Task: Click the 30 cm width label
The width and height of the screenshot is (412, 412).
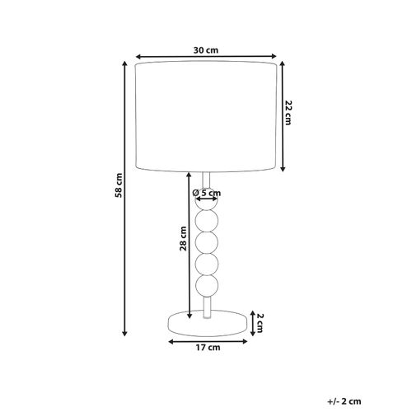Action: [x=205, y=49]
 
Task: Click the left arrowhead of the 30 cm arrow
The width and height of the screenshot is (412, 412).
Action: [x=138, y=58]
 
